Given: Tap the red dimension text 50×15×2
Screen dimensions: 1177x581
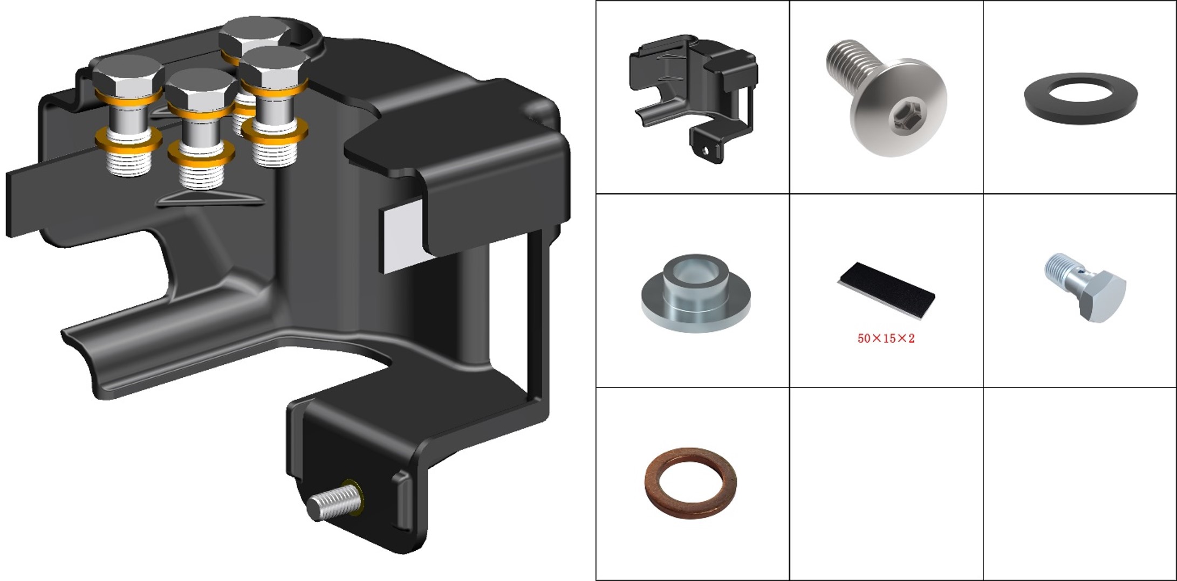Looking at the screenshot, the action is (886, 339).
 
